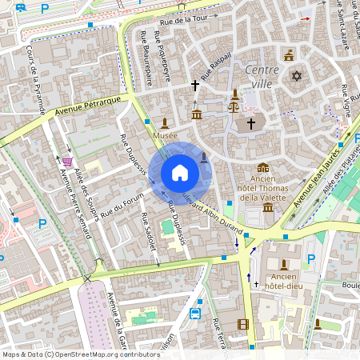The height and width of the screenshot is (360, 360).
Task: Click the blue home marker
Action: tap(180, 172)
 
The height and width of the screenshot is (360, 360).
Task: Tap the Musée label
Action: tap(165, 136)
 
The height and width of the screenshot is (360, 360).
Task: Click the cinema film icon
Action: tap(242, 324)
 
